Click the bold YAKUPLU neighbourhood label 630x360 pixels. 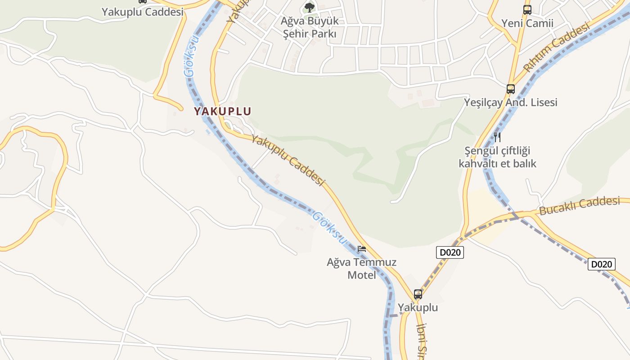tap(222, 111)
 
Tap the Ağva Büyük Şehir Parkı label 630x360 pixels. tap(310, 27)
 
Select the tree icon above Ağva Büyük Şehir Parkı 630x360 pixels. tap(309, 7)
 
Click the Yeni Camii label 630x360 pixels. tap(527, 23)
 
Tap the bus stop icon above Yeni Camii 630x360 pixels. tap(527, 9)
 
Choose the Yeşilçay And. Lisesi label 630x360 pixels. tap(511, 102)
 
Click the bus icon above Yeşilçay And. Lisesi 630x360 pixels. tap(511, 89)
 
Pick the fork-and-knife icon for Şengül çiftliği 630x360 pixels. tap(497, 137)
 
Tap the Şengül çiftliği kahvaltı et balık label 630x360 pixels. tap(497, 157)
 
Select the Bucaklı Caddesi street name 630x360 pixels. tap(579, 206)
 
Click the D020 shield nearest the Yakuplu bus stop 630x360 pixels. tap(450, 252)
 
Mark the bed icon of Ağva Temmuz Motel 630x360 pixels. tap(362, 248)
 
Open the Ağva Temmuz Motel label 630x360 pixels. tap(362, 268)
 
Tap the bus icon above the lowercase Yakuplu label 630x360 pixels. tap(418, 295)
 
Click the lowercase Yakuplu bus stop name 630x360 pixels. tap(418, 308)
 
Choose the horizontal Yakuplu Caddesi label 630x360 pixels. tap(143, 12)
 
